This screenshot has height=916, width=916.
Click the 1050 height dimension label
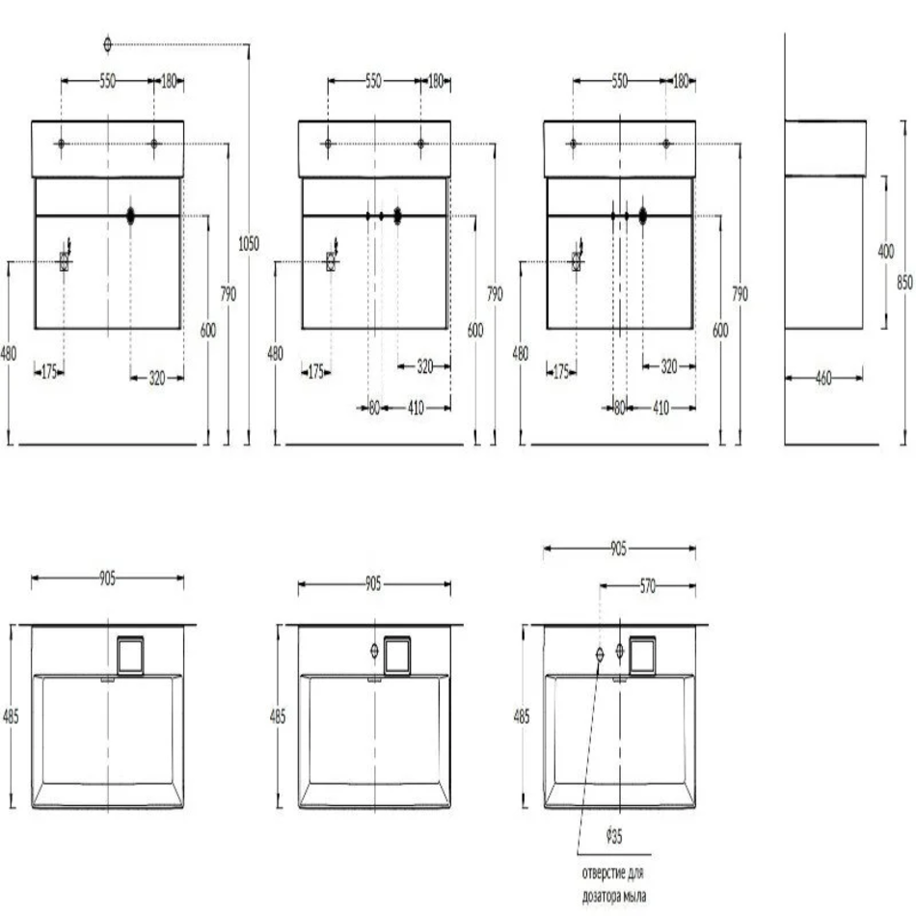click(x=249, y=244)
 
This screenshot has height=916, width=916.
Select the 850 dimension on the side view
click(x=904, y=283)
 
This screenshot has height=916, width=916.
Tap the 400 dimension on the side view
click(x=885, y=252)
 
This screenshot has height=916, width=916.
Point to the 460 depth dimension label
click(x=823, y=378)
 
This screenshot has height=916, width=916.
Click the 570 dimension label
click(x=648, y=586)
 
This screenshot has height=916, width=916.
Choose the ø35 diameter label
click(x=614, y=836)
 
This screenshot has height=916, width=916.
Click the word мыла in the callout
click(x=633, y=896)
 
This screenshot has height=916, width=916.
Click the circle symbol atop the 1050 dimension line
click(x=107, y=44)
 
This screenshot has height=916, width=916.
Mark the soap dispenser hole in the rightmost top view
click(x=600, y=655)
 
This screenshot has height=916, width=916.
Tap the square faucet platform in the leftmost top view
click(x=130, y=655)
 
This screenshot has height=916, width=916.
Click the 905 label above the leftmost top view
click(x=107, y=579)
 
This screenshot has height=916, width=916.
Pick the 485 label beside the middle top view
click(x=278, y=716)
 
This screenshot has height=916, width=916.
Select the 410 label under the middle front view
click(x=416, y=407)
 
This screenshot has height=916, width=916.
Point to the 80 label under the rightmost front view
click(x=620, y=407)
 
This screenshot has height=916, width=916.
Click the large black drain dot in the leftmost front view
click(x=130, y=216)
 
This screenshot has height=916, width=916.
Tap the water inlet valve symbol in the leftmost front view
click(x=65, y=260)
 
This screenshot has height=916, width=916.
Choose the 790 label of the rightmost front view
click(x=741, y=294)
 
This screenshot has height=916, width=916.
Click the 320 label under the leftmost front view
click(x=156, y=378)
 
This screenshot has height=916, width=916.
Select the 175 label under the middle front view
click(x=315, y=371)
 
